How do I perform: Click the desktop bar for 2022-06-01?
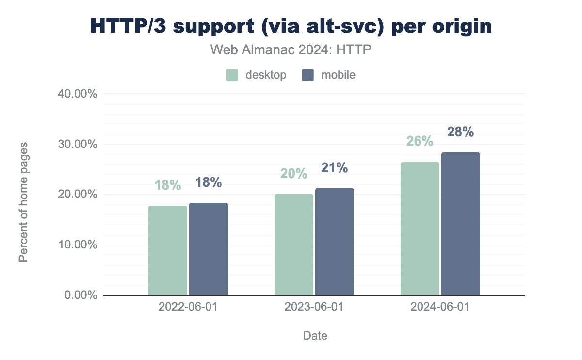pos(168,250)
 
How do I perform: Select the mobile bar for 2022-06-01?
pos(209,249)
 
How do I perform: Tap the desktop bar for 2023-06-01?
pos(294,245)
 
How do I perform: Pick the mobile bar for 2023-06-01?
pos(335,242)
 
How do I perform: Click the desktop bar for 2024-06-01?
pos(420,229)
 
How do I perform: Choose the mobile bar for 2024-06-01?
pos(461,224)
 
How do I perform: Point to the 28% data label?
pos(461,131)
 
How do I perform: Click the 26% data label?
pos(420,141)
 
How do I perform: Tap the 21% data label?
pos(335,168)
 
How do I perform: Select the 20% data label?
pos(294,174)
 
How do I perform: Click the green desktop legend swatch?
pos(232,75)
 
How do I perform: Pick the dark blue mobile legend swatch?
pos(308,75)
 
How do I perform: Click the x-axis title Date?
pos(315,336)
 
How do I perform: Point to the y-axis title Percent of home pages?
pos(23,202)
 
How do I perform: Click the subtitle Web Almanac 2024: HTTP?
pos(291,49)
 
